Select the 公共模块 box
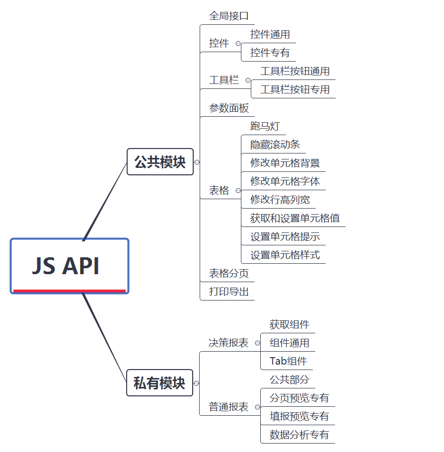point(160,161)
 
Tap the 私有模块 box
point(159,383)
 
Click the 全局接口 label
point(228,16)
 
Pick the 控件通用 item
point(270,34)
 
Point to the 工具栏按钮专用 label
point(295,89)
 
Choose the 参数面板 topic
point(228,108)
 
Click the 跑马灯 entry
point(265,126)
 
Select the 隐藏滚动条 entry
point(275,145)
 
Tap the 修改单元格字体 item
point(285,181)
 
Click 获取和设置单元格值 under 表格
point(295,218)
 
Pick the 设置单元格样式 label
point(285,255)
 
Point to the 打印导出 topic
point(228,292)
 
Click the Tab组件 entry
point(288,361)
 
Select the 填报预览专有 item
point(299,416)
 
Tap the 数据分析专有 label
point(299,435)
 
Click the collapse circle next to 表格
point(238,191)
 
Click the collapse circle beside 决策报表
point(257,343)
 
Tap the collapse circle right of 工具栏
point(248,80)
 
